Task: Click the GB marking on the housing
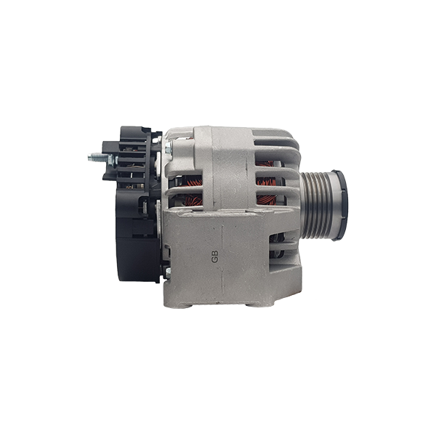pos(214,257)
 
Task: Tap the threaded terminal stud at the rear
pos(97,158)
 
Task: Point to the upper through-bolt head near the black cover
pos(169,148)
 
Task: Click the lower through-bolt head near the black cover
pos(168,272)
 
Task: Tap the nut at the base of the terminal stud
pos(111,161)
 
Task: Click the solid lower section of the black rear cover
pos(137,259)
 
